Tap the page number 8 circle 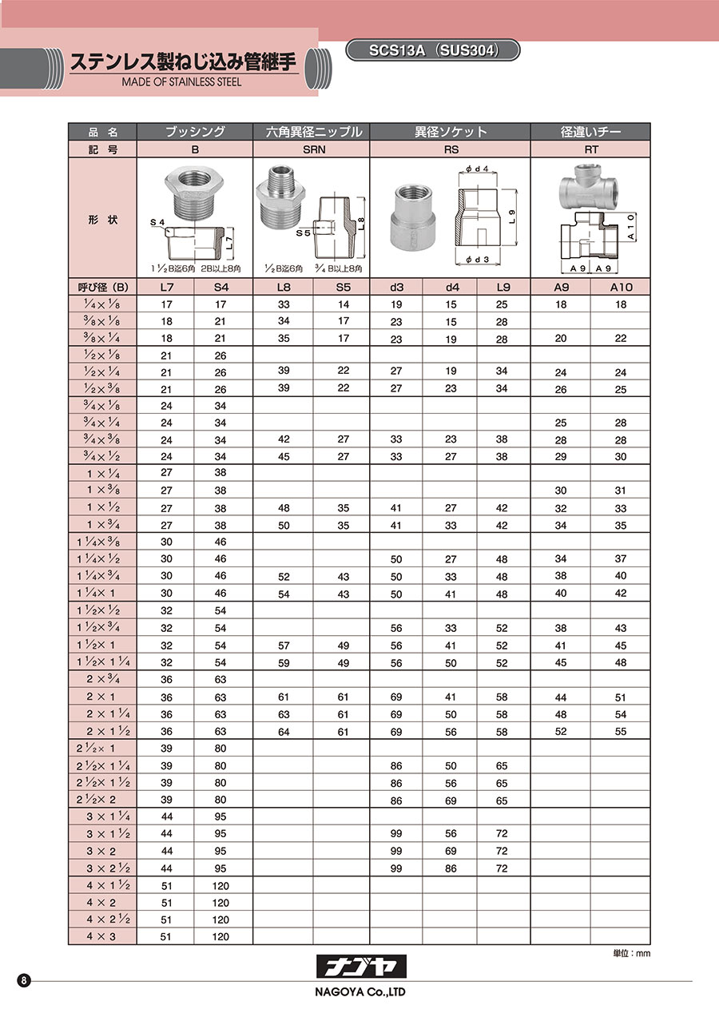pos(25,980)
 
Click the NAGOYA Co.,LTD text pos(359,993)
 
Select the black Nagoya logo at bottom pos(359,967)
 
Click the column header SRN pos(311,149)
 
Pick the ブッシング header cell pos(195,132)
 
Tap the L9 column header pos(503,287)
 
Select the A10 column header pos(620,287)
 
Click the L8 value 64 pos(283,732)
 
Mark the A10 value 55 pos(620,732)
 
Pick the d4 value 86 pos(450,868)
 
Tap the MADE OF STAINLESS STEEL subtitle pos(181,81)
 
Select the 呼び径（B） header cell pos(102,287)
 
